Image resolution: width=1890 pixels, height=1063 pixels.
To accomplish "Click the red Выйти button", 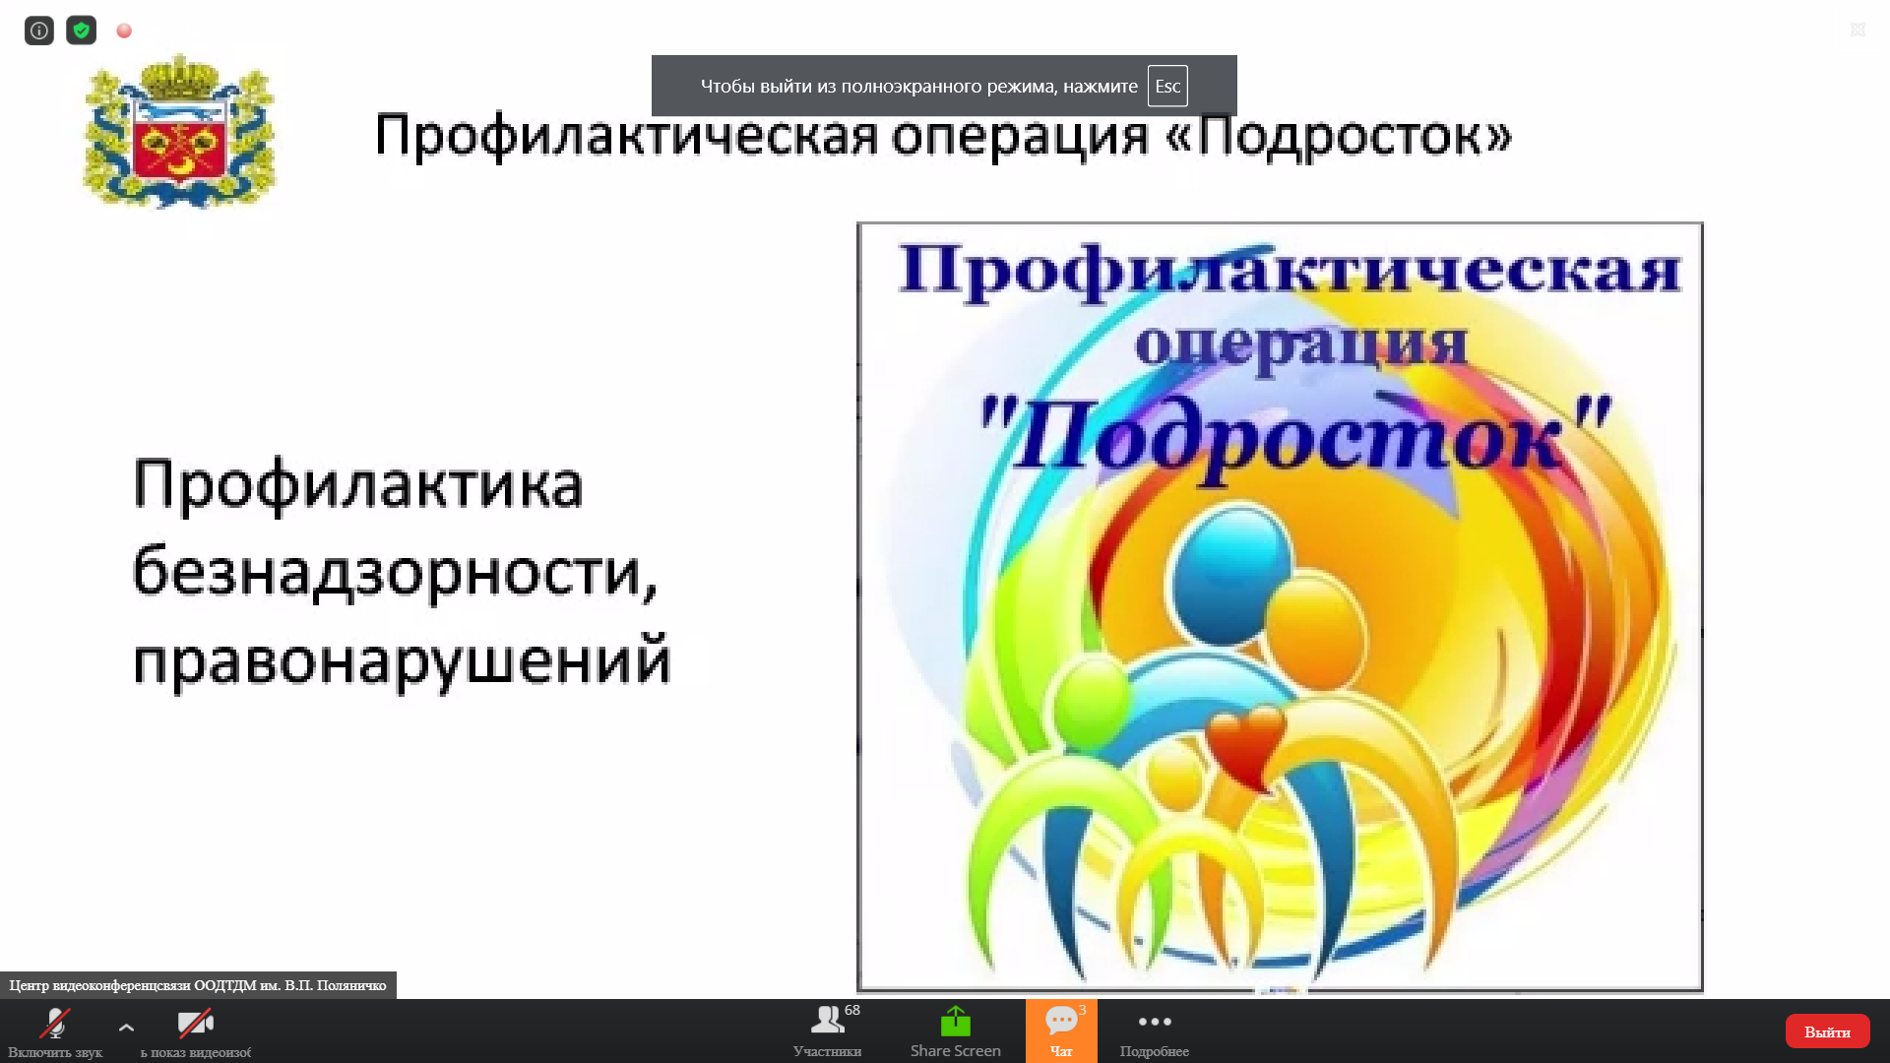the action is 1827,1031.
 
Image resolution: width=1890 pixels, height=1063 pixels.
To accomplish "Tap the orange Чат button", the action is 1061,1031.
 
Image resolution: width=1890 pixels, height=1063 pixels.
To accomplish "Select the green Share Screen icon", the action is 955,1022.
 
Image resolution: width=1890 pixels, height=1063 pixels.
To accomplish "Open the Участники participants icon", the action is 827,1020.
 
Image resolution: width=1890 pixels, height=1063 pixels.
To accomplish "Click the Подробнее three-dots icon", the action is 1155,1022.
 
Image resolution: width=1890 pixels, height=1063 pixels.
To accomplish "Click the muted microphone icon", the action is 55,1024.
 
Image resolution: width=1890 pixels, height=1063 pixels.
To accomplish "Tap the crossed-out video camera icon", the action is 195,1024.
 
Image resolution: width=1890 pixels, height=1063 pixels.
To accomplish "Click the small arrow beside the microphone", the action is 126,1028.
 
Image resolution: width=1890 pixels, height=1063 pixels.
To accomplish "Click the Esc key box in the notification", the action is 1167,86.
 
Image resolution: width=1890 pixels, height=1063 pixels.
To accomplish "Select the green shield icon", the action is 82,31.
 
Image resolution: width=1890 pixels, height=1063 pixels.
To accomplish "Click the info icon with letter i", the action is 39,31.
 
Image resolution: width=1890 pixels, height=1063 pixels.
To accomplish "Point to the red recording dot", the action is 124,31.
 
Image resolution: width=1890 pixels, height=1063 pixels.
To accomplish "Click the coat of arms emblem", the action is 179,131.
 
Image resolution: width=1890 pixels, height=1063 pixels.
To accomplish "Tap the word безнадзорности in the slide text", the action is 395,573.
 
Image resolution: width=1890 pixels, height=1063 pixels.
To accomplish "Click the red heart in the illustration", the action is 1245,746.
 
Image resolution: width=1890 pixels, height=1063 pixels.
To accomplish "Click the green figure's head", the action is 1093,701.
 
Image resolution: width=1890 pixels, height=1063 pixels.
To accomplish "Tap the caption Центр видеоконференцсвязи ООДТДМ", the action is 198,985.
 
